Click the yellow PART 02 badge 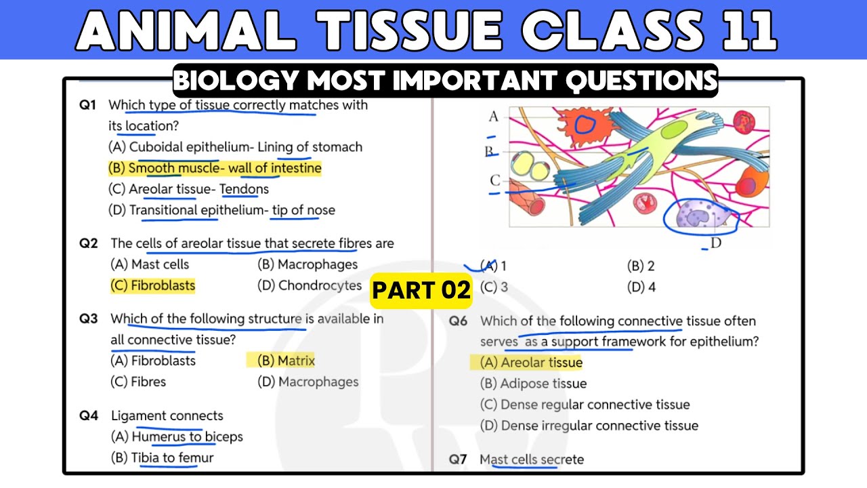(x=421, y=291)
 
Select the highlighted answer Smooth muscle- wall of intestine (x=215, y=168)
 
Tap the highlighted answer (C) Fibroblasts (x=152, y=285)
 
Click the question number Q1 (x=89, y=105)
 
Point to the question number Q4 (x=89, y=415)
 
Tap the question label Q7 (x=459, y=460)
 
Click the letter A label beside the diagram (x=493, y=117)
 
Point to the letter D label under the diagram (x=716, y=243)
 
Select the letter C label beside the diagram (x=495, y=180)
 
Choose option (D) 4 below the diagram (x=641, y=287)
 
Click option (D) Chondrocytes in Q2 (x=310, y=285)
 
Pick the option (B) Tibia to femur (x=162, y=457)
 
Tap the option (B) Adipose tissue (x=533, y=384)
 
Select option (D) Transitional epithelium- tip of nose (x=221, y=210)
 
